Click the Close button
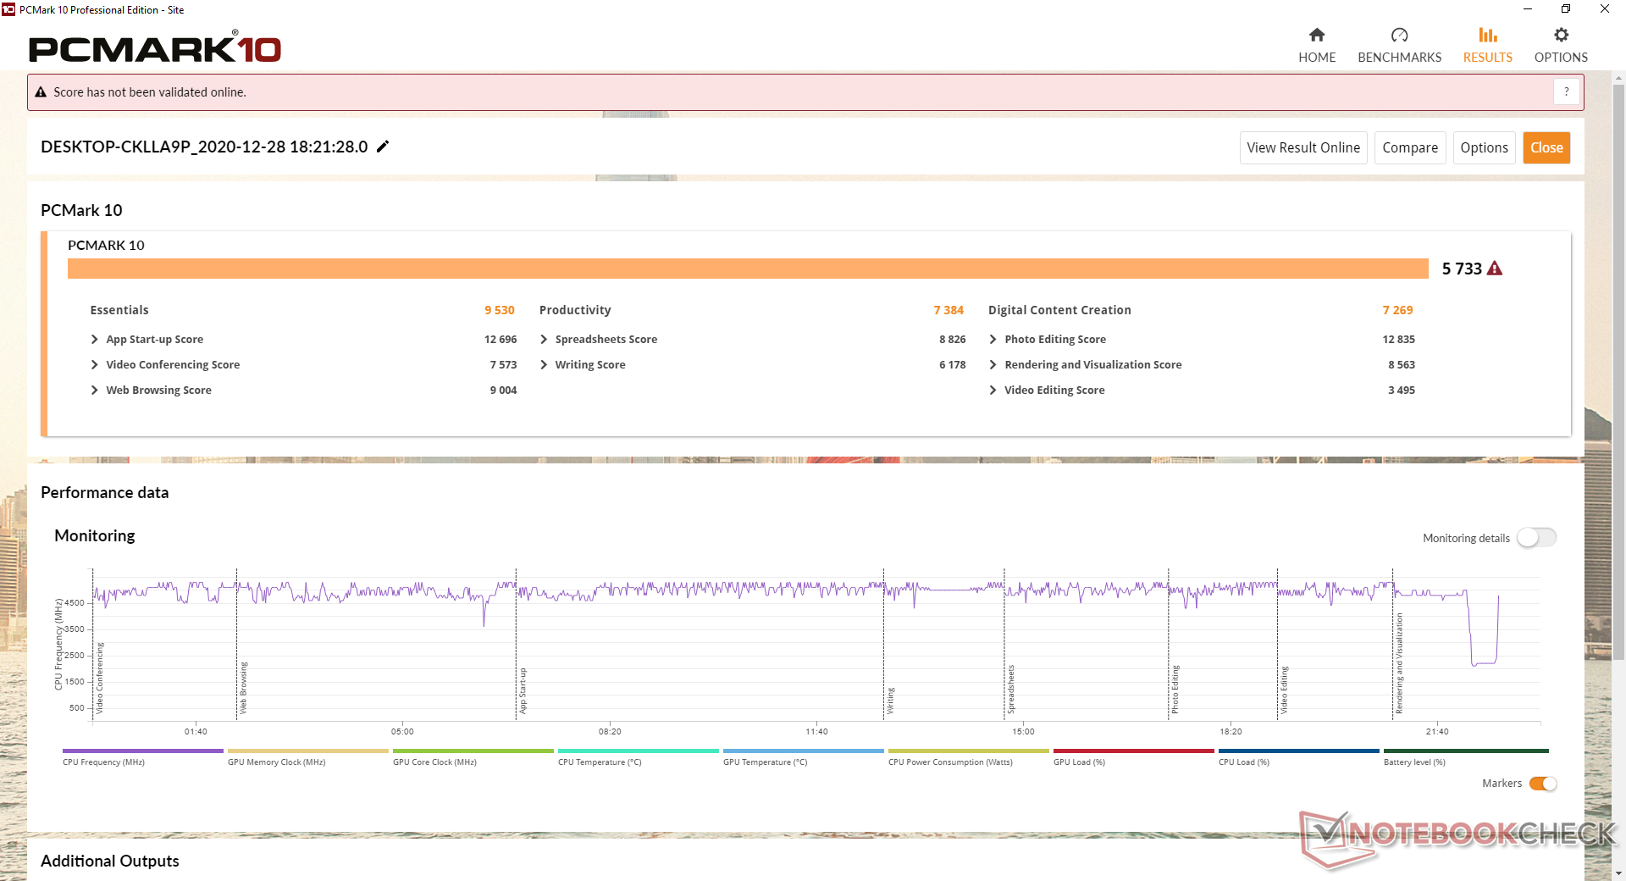click(x=1546, y=147)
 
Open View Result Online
click(x=1302, y=147)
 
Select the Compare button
click(x=1409, y=147)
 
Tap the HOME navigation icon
click(x=1317, y=36)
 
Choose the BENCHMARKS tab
click(x=1399, y=46)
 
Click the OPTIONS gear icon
click(x=1561, y=36)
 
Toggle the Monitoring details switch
click(x=1536, y=538)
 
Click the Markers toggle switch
click(x=1543, y=784)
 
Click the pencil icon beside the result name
click(x=383, y=147)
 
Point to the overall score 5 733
click(x=1462, y=269)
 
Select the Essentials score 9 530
click(x=500, y=310)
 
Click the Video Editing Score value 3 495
click(x=1402, y=390)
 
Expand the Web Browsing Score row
click(x=95, y=390)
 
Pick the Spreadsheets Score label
click(x=606, y=339)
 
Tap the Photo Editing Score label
click(x=1055, y=339)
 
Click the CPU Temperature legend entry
click(x=600, y=762)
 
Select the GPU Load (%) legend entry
click(x=1079, y=762)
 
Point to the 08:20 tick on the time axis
click(x=610, y=731)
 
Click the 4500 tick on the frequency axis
click(x=75, y=603)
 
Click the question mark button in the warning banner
click(x=1566, y=91)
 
